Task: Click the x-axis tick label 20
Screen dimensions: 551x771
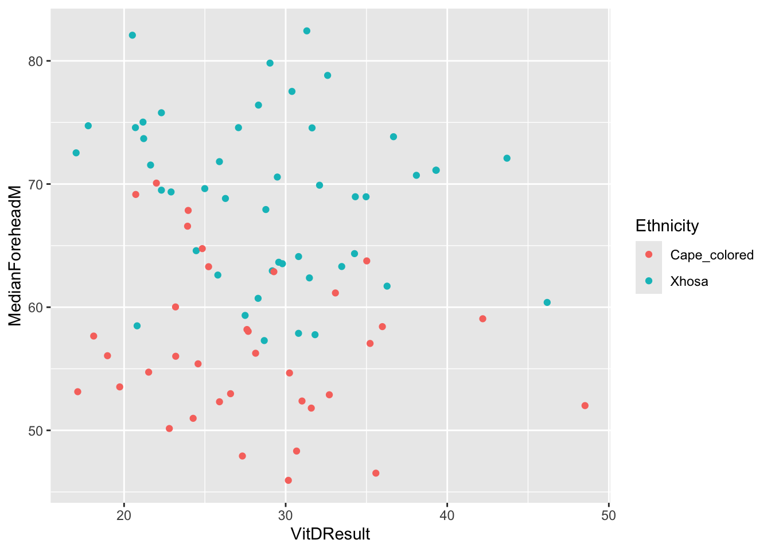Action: tap(124, 515)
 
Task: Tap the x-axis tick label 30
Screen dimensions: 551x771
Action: tap(285, 515)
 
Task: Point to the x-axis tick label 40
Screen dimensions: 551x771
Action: tap(447, 515)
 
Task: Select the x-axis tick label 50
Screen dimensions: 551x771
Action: tap(609, 515)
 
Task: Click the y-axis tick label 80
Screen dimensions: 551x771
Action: tap(36, 61)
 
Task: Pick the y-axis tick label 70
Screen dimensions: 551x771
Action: tap(36, 184)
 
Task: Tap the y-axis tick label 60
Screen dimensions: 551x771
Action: tap(36, 308)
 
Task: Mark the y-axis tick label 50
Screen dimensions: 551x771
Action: tap(36, 430)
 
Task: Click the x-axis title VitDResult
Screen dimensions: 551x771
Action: tap(330, 534)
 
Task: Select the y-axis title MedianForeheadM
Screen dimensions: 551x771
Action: tap(15, 255)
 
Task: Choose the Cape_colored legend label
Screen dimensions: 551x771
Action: tap(712, 255)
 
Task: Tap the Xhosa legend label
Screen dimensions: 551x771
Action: tap(689, 281)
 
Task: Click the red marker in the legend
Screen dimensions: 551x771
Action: tap(649, 254)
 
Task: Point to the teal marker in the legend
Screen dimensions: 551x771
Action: tap(649, 281)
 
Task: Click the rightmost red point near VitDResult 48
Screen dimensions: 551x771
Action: tap(585, 406)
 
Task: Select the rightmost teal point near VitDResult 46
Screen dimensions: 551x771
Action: tap(547, 302)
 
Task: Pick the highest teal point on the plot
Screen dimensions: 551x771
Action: tap(307, 31)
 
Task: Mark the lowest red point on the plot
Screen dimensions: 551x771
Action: tap(288, 480)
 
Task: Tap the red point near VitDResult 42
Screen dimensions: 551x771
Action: tap(482, 319)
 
